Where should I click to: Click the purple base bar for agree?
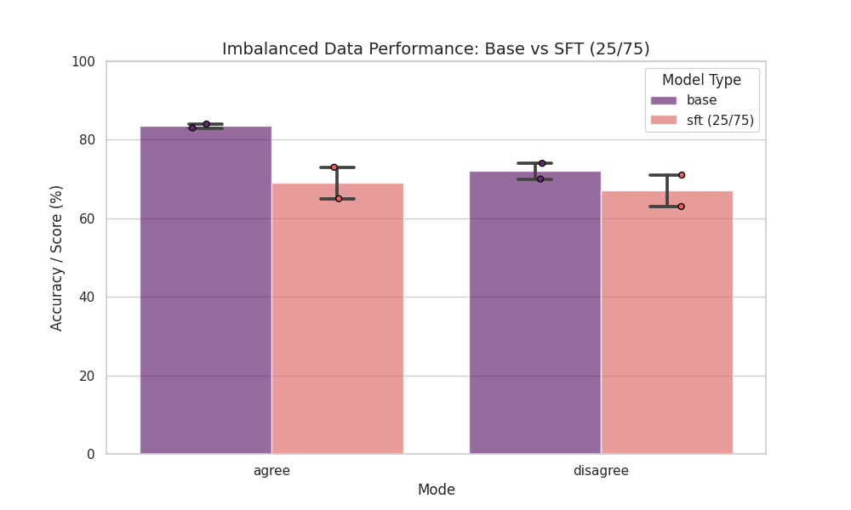coord(206,289)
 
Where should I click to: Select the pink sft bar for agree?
coord(337,319)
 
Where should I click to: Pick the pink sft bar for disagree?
coord(666,323)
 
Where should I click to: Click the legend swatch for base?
coord(665,100)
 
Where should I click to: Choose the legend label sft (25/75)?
coord(720,120)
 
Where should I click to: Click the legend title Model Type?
coord(701,80)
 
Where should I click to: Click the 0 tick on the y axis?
coord(89,455)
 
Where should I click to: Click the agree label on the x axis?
coord(271,470)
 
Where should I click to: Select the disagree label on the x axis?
coord(601,470)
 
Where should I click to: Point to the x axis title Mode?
coord(436,490)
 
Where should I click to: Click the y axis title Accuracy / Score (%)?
coord(57,258)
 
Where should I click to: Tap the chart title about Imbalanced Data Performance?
coord(436,49)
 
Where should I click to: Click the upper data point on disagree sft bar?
coord(682,175)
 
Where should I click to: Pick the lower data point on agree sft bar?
coord(338,198)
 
